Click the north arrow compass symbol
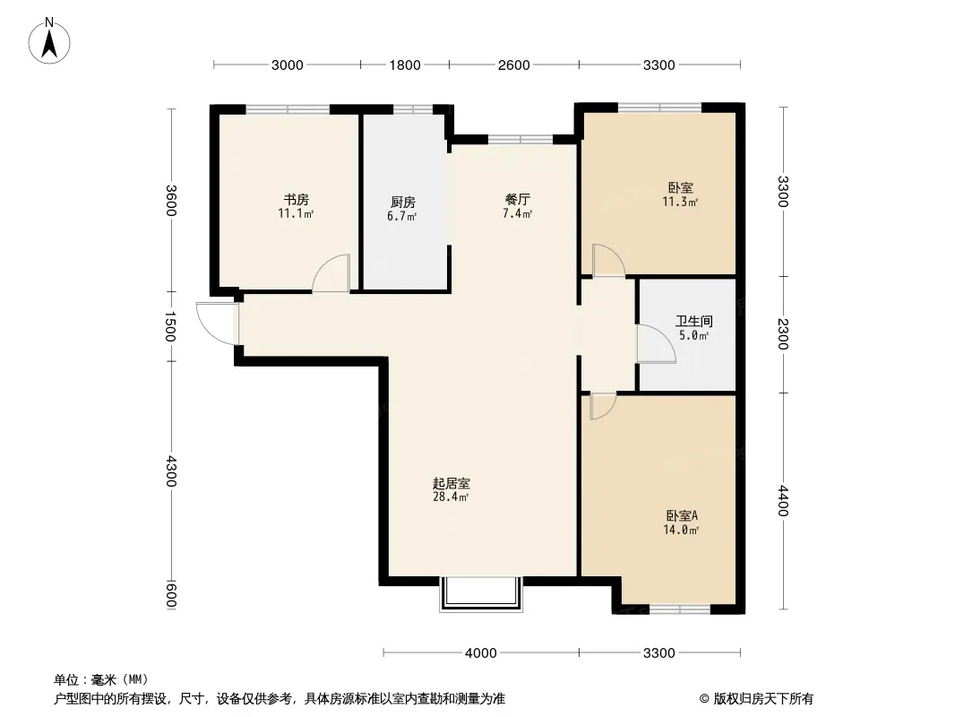pyautogui.click(x=49, y=41)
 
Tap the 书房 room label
pyautogui.click(x=296, y=199)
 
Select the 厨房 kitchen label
pyautogui.click(x=402, y=202)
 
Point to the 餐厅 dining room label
pyautogui.click(x=518, y=199)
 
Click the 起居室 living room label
pyautogui.click(x=452, y=484)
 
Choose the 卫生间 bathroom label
pyautogui.click(x=693, y=321)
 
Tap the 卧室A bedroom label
pyautogui.click(x=682, y=515)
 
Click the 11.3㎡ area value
pyautogui.click(x=680, y=203)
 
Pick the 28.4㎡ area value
pyautogui.click(x=451, y=497)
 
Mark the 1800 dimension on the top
pyautogui.click(x=405, y=65)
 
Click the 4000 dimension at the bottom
pyautogui.click(x=481, y=653)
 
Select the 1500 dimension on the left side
pyautogui.click(x=170, y=326)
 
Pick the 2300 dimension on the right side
pyautogui.click(x=783, y=334)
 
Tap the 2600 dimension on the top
pyautogui.click(x=514, y=65)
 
